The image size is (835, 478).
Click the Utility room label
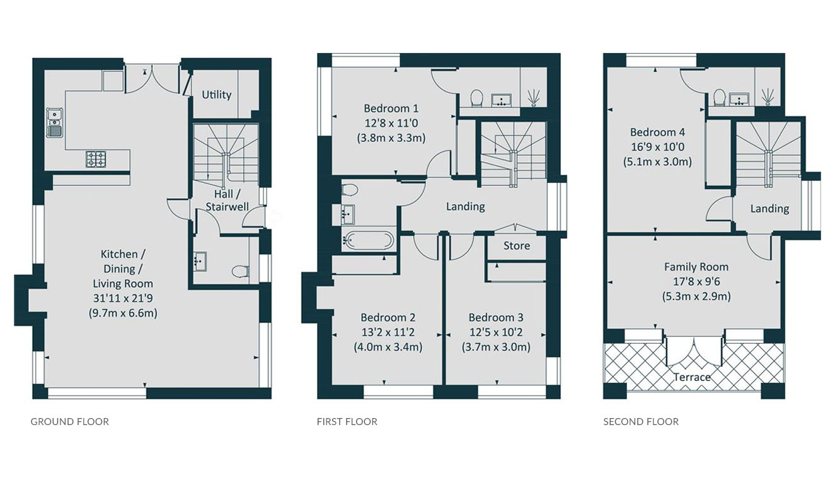tap(217, 95)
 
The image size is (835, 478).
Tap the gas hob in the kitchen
tap(96, 160)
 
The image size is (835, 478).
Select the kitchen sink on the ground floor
tap(55, 122)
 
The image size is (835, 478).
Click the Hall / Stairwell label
tap(227, 201)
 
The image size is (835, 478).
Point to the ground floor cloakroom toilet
tap(240, 271)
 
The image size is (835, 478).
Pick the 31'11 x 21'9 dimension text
tap(123, 298)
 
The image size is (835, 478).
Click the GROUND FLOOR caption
tap(70, 422)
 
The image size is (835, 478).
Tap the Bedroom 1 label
tap(391, 108)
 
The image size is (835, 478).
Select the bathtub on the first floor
tap(367, 240)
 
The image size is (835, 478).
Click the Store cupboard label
tap(517, 245)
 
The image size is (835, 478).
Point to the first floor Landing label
tap(466, 206)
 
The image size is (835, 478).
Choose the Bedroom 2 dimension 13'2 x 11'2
tap(388, 332)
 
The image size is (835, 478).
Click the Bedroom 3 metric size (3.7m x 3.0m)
tap(496, 347)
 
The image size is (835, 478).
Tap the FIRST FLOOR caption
tap(347, 422)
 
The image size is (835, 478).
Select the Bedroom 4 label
tap(657, 132)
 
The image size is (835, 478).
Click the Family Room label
tap(696, 267)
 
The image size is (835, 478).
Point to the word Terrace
tap(692, 377)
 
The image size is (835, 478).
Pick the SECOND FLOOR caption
tap(641, 422)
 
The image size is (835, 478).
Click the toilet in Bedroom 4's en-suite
tap(718, 97)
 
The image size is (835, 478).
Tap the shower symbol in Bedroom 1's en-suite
tap(534, 98)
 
